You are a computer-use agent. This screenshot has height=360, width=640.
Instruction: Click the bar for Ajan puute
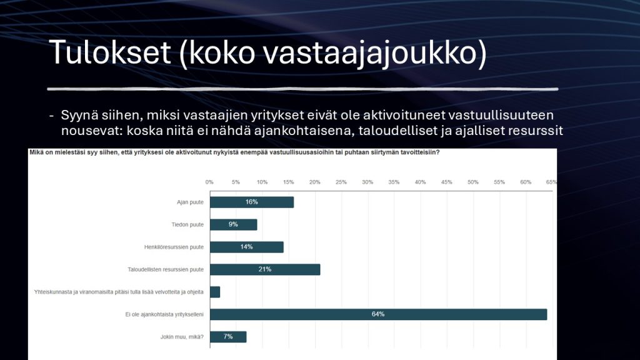[252, 202]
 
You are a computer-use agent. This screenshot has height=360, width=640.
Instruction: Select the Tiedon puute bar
[234, 224]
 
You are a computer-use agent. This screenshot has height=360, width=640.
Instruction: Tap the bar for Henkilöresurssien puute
[247, 247]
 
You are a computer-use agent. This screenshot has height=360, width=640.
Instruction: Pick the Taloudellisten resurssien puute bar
[265, 269]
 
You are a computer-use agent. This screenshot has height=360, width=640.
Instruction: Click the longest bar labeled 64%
[378, 314]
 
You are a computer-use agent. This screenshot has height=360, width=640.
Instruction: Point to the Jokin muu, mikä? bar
[228, 337]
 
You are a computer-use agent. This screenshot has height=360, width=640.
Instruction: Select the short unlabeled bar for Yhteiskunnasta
[215, 292]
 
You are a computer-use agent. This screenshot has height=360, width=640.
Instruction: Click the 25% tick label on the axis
[341, 182]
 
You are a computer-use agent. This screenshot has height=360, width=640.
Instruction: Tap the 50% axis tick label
[473, 182]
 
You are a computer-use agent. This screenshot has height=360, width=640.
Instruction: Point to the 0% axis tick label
[209, 182]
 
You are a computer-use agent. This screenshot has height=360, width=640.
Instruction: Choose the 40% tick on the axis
[421, 182]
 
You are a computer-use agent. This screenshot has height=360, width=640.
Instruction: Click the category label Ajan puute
[190, 202]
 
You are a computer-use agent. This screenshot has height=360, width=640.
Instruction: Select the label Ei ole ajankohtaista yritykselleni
[164, 314]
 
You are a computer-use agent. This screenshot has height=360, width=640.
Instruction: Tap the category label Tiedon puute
[187, 224]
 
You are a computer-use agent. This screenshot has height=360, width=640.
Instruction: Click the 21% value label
[265, 269]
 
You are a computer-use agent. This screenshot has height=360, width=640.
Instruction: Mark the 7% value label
[228, 337]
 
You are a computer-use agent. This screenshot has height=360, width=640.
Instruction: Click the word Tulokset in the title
[110, 52]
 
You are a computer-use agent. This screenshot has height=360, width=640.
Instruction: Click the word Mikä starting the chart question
[36, 152]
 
